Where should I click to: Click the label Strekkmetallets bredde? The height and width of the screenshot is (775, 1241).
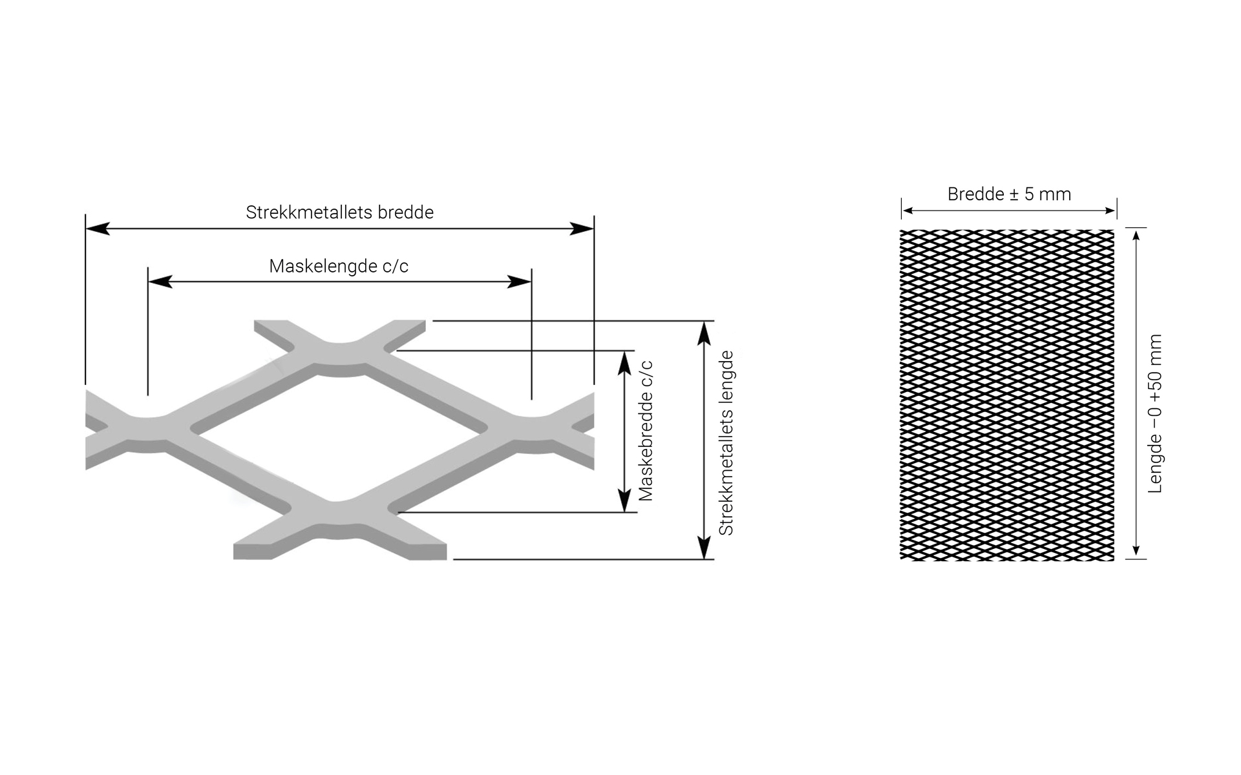pyautogui.click(x=339, y=212)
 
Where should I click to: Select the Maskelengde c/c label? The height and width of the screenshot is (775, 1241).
pyautogui.click(x=339, y=266)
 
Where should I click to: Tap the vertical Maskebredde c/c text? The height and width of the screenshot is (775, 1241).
pyautogui.click(x=646, y=431)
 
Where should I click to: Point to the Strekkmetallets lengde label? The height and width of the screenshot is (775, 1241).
pyautogui.click(x=727, y=443)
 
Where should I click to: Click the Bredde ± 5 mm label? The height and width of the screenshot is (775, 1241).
pyautogui.click(x=1009, y=194)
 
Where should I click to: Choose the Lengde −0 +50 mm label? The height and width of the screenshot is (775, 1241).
pyautogui.click(x=1155, y=413)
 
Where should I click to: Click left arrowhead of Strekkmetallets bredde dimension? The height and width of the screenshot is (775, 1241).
pyautogui.click(x=98, y=228)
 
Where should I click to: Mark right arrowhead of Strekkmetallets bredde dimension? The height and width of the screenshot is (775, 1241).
pyautogui.click(x=582, y=228)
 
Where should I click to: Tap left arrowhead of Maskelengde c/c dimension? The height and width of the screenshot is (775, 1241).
pyautogui.click(x=160, y=282)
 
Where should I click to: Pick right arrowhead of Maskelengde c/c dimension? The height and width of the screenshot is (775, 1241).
pyautogui.click(x=520, y=282)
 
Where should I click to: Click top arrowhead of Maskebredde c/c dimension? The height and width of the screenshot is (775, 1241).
pyautogui.click(x=624, y=364)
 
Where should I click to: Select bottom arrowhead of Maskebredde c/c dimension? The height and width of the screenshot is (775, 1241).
pyautogui.click(x=624, y=500)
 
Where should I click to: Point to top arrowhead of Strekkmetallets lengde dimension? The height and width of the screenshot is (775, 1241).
pyautogui.click(x=705, y=333)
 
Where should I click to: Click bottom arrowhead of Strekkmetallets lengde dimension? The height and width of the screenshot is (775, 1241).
pyautogui.click(x=705, y=547)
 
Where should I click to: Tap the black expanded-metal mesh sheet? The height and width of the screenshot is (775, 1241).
pyautogui.click(x=1007, y=395)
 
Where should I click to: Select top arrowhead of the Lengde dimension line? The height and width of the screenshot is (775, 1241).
pyautogui.click(x=1136, y=234)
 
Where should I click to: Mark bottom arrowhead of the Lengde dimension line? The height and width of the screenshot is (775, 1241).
pyautogui.click(x=1136, y=553)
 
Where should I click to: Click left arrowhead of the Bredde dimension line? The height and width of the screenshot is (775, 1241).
pyautogui.click(x=907, y=211)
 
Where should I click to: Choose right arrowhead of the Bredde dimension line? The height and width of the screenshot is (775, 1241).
pyautogui.click(x=1111, y=211)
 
